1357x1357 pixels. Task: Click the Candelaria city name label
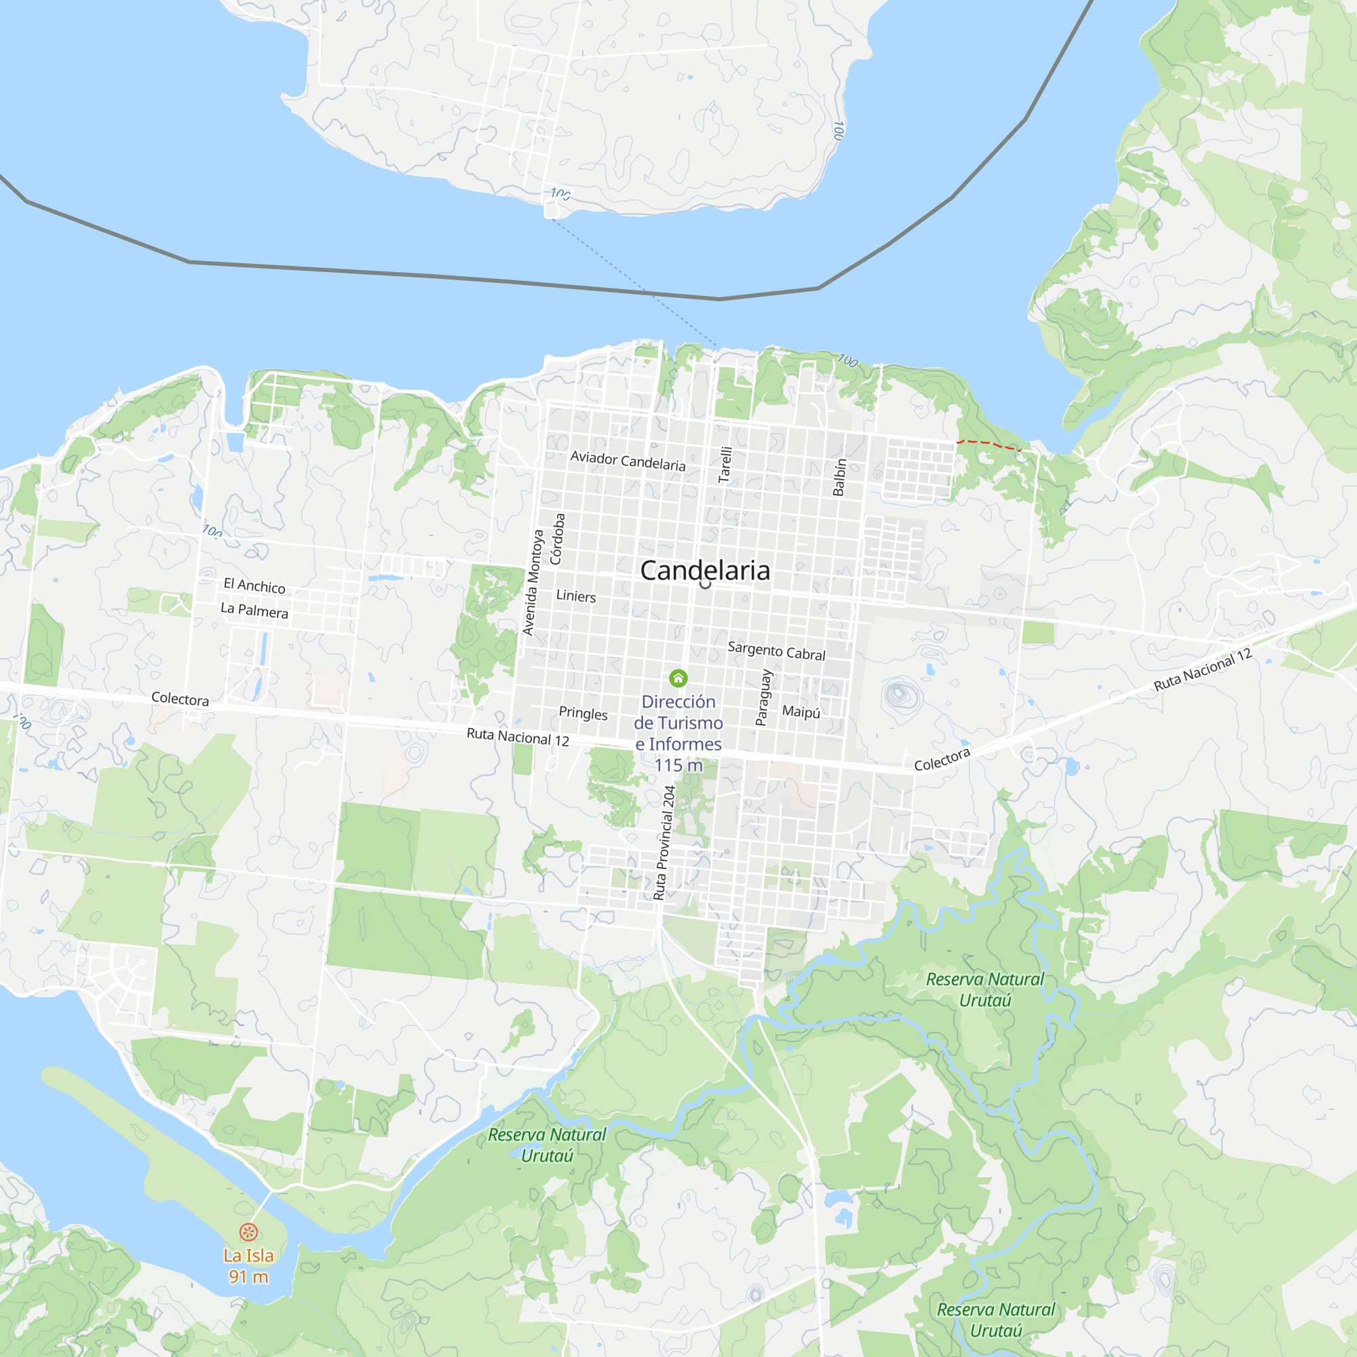704,571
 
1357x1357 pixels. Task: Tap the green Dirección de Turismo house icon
678,678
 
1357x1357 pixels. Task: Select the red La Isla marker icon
248,1231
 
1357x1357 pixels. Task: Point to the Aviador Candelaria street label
627,461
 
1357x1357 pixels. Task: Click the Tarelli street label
725,464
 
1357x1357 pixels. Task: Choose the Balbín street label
839,478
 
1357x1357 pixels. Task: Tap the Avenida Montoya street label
533,582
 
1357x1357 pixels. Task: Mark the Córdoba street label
557,539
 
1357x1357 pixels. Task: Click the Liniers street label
576,596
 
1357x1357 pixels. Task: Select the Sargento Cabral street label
776,651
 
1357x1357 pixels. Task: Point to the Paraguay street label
763,697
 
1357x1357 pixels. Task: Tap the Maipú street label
801,712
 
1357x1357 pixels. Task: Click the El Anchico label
254,585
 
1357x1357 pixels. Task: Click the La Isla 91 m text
248,1265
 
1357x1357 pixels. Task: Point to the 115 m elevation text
678,765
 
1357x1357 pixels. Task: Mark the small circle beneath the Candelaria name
705,584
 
